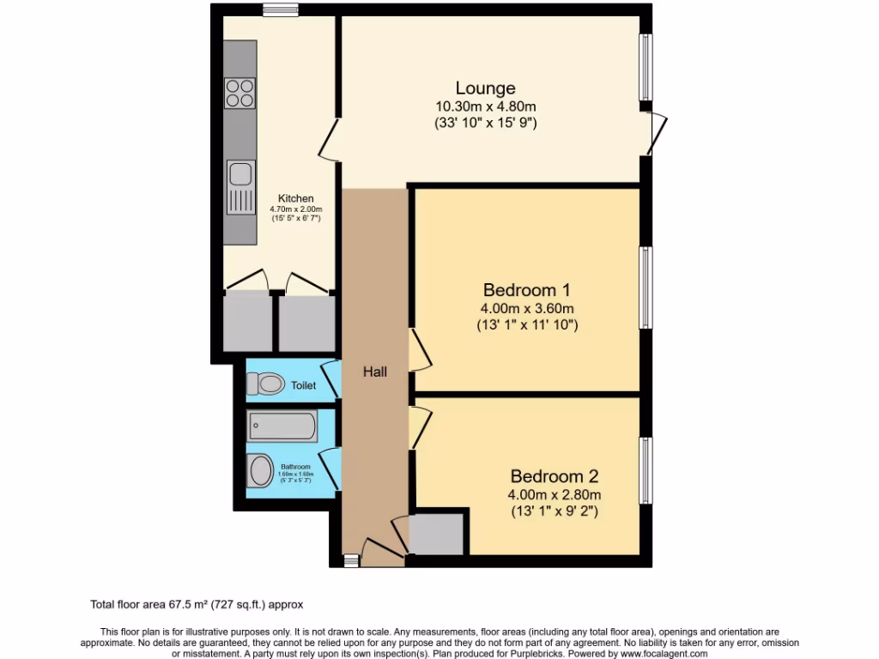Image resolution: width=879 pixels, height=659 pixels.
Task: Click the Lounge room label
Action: (485, 88)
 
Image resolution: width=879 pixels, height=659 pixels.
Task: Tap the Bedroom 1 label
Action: (527, 290)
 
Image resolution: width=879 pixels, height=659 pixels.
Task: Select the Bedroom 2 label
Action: (554, 475)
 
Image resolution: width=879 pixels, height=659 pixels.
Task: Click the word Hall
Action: (374, 372)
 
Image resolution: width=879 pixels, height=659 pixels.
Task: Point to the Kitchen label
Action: (295, 198)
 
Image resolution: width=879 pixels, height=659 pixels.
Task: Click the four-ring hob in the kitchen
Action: (240, 93)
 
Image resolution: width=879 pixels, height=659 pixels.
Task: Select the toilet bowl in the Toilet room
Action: (267, 384)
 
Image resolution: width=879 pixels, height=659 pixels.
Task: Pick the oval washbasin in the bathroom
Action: (259, 471)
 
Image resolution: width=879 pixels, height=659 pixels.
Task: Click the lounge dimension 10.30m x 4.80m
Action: (485, 106)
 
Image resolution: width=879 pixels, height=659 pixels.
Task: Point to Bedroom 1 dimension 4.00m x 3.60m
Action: (527, 309)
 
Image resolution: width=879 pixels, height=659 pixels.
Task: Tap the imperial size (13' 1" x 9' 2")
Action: (554, 511)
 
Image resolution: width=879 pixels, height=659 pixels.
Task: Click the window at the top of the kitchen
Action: (281, 10)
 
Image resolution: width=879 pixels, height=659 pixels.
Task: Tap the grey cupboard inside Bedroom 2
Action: (436, 534)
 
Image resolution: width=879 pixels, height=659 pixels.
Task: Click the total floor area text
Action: (197, 604)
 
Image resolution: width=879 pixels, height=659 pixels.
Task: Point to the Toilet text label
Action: (303, 385)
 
